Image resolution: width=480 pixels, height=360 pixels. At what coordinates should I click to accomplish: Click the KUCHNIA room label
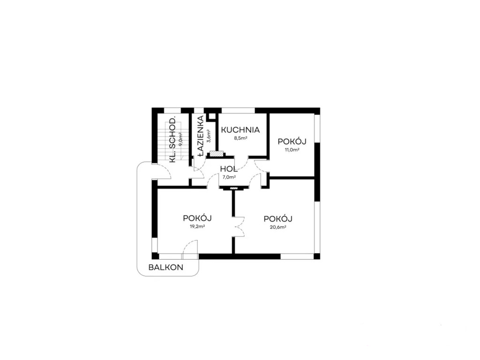coord(240,130)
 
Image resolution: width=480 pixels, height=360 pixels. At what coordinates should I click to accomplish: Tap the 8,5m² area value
coord(240,138)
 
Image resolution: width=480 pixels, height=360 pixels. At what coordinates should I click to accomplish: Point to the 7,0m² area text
coord(229,177)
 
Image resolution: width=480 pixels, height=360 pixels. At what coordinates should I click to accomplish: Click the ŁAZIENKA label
coord(200,134)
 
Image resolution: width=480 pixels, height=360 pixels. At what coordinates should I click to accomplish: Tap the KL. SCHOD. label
coord(172,140)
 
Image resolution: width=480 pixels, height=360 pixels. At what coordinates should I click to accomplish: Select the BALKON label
coord(166,268)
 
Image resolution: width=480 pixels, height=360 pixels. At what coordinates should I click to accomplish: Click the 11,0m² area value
coord(292,150)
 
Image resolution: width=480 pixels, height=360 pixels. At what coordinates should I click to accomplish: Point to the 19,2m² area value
coord(197,226)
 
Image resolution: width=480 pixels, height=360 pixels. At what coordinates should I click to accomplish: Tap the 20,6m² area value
coord(278,227)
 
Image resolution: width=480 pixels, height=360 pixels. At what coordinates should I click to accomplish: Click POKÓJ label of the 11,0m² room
coord(292,142)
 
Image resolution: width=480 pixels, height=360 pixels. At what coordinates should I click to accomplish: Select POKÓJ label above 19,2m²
coord(198,218)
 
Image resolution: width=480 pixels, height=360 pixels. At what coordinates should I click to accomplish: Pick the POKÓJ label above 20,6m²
coord(278,218)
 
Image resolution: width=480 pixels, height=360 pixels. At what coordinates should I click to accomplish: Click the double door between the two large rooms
coord(238,225)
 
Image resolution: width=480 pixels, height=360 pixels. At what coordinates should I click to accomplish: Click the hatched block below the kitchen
coord(216,153)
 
